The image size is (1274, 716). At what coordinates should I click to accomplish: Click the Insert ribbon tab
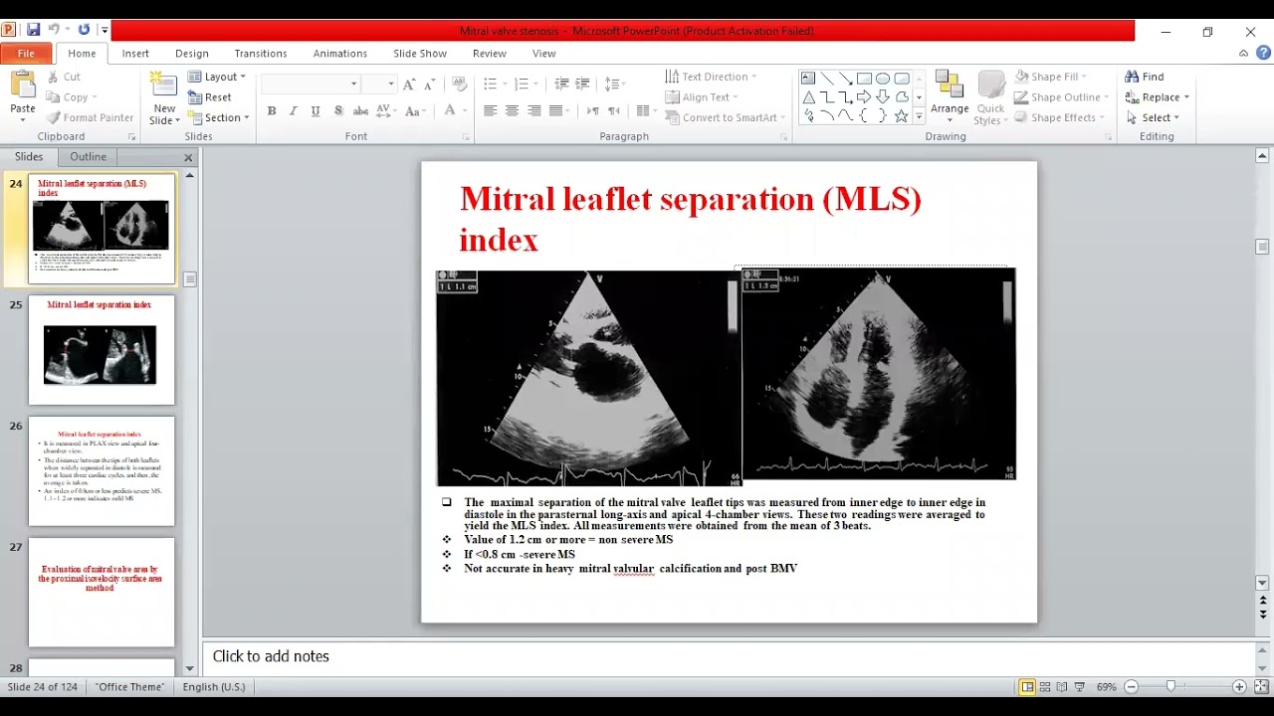pyautogui.click(x=135, y=54)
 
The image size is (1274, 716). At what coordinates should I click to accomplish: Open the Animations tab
pyautogui.click(x=339, y=54)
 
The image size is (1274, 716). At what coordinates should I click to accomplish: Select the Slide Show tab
pyautogui.click(x=419, y=54)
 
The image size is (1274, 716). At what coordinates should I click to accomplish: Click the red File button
pyautogui.click(x=26, y=54)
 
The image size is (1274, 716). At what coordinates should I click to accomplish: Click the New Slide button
pyautogui.click(x=164, y=98)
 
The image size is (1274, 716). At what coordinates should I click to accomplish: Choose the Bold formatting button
pyautogui.click(x=271, y=111)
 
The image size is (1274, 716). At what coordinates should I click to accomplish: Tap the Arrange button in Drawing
pyautogui.click(x=950, y=96)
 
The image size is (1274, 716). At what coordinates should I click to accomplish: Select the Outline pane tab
pyautogui.click(x=88, y=157)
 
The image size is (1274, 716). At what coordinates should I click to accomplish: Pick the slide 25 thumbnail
pyautogui.click(x=102, y=350)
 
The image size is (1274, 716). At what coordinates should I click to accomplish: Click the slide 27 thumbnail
pyautogui.click(x=102, y=592)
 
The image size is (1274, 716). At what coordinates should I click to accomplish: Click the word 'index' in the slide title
pyautogui.click(x=499, y=240)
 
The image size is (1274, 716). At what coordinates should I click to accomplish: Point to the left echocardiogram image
pyautogui.click(x=587, y=377)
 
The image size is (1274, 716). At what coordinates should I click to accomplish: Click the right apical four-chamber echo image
pyautogui.click(x=878, y=373)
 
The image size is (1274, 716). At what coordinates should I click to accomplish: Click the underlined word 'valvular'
pyautogui.click(x=633, y=569)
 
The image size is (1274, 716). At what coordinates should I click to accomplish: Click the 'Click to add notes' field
pyautogui.click(x=271, y=656)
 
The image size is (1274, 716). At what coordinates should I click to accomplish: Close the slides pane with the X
pyautogui.click(x=188, y=157)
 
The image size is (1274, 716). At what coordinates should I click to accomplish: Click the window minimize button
pyautogui.click(x=1166, y=32)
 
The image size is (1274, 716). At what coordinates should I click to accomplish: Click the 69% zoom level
pyautogui.click(x=1106, y=687)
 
